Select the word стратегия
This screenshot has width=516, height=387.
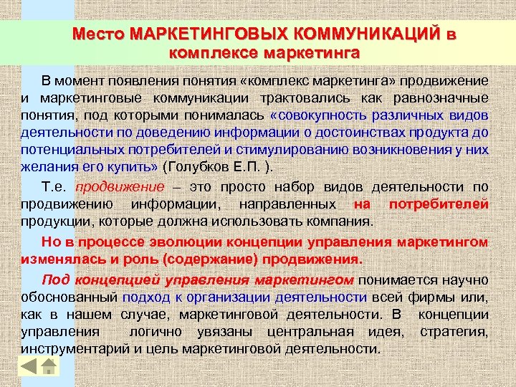454,332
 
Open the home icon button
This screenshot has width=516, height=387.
49,365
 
